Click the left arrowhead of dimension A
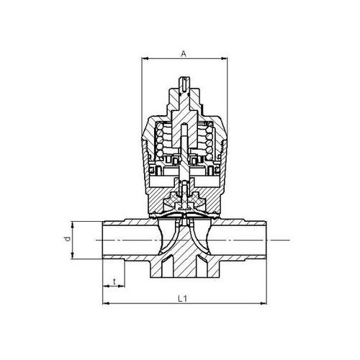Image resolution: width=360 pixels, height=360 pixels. [x=141, y=60]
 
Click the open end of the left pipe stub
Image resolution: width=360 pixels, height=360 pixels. [x=103, y=238]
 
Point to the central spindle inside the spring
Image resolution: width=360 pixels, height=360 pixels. [x=186, y=144]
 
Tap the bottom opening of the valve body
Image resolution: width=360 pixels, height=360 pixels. [x=186, y=274]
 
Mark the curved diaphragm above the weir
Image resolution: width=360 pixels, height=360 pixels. [x=186, y=214]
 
